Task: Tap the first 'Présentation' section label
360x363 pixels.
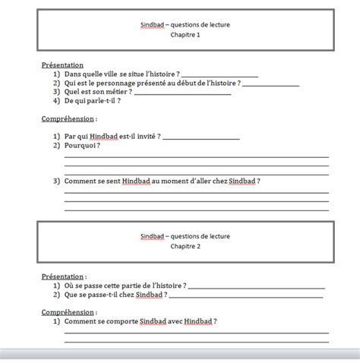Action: point(62,65)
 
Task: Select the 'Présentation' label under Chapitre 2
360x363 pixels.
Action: point(62,277)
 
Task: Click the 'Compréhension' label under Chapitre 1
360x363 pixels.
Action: point(68,118)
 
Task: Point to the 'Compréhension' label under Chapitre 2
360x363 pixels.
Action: point(68,312)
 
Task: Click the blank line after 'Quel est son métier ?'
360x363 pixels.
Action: point(182,93)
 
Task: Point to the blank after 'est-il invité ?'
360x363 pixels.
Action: point(201,137)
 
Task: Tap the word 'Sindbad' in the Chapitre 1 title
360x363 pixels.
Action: point(153,25)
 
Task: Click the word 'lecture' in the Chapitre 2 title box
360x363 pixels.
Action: point(217,237)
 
